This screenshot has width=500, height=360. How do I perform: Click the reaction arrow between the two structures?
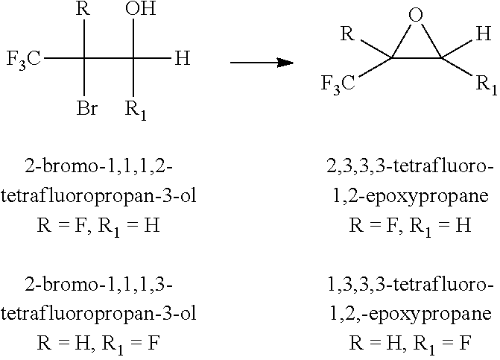coord(261,63)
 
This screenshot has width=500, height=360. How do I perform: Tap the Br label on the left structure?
coord(87,110)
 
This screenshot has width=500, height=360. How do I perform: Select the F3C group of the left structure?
coord(24,58)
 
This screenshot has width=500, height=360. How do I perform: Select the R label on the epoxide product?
coord(346,34)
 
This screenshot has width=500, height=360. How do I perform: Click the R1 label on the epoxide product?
coord(485,84)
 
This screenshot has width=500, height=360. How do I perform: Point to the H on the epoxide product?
coord(484,34)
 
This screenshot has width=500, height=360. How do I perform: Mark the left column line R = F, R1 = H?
coord(99,225)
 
